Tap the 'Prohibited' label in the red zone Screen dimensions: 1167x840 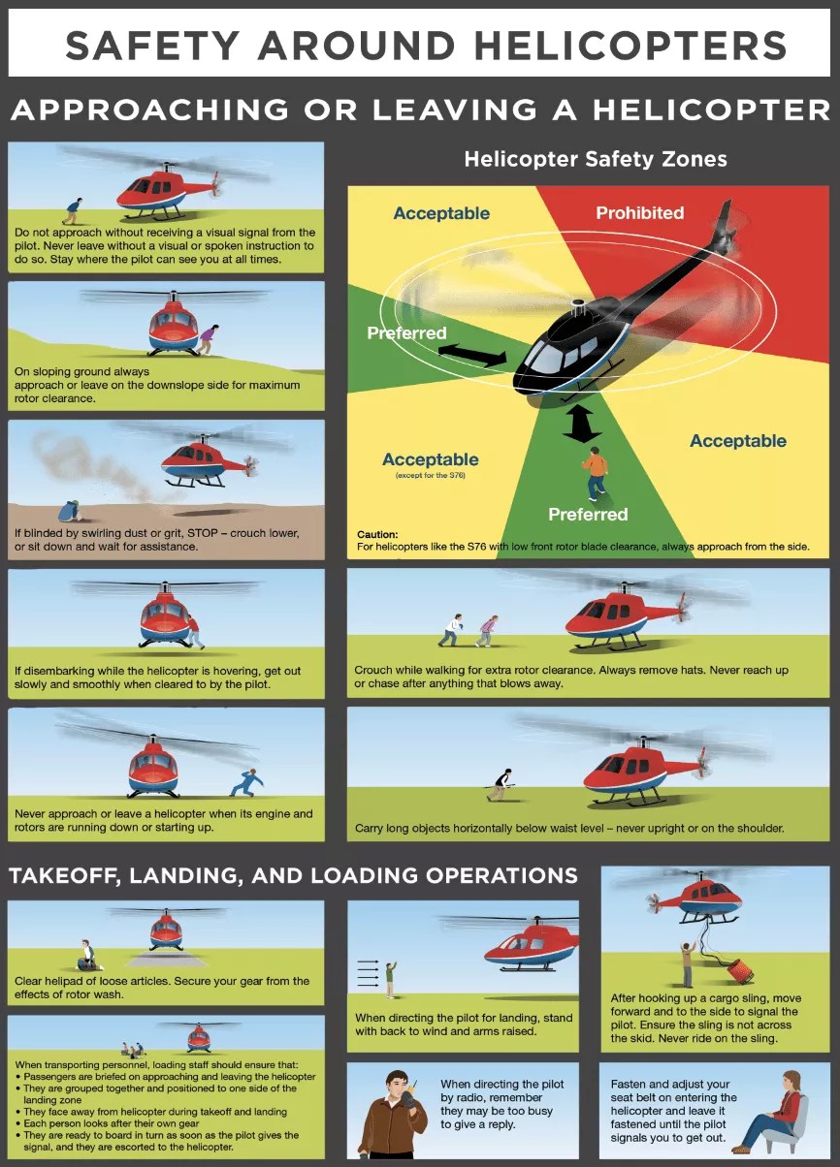[639, 213]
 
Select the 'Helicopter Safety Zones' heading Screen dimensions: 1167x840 [595, 159]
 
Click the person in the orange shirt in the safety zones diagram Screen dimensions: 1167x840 [595, 473]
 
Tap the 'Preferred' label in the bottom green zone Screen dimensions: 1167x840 [588, 514]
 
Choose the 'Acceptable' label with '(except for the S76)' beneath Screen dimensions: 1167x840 [430, 459]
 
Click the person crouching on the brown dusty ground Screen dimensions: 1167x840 [68, 511]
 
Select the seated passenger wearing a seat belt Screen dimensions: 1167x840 [777, 1110]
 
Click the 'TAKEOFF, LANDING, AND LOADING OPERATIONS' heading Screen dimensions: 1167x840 [293, 876]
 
